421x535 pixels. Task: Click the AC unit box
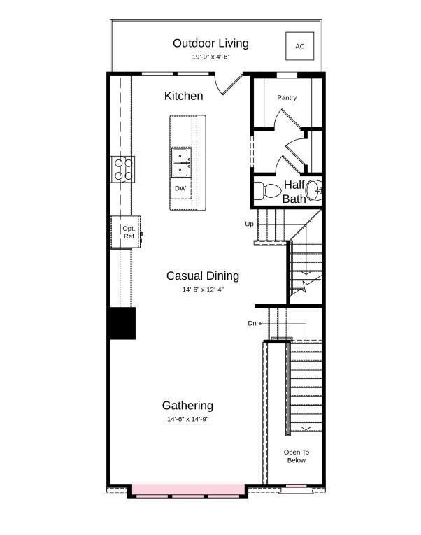pyautogui.click(x=299, y=46)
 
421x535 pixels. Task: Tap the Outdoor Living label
pyautogui.click(x=210, y=43)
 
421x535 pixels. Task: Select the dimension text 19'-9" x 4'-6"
pyautogui.click(x=210, y=57)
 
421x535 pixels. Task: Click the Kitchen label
pyautogui.click(x=184, y=96)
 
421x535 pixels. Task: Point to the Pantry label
pyautogui.click(x=287, y=98)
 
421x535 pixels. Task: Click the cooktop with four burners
pyautogui.click(x=124, y=169)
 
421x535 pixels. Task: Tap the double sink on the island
pyautogui.click(x=180, y=162)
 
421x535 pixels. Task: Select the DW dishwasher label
pyautogui.click(x=180, y=188)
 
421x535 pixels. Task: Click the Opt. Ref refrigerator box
pyautogui.click(x=127, y=232)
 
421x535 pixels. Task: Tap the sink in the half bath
pyautogui.click(x=317, y=189)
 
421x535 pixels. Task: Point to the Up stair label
pyautogui.click(x=249, y=224)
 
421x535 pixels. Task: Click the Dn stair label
pyautogui.click(x=252, y=324)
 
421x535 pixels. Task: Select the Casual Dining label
pyautogui.click(x=203, y=276)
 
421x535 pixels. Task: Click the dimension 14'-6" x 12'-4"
pyautogui.click(x=204, y=289)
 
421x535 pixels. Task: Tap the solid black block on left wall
pyautogui.click(x=122, y=323)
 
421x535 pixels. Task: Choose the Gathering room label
pyautogui.click(x=187, y=406)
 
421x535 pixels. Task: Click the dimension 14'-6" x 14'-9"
pyautogui.click(x=187, y=419)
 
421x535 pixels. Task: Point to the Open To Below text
pyautogui.click(x=296, y=456)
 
